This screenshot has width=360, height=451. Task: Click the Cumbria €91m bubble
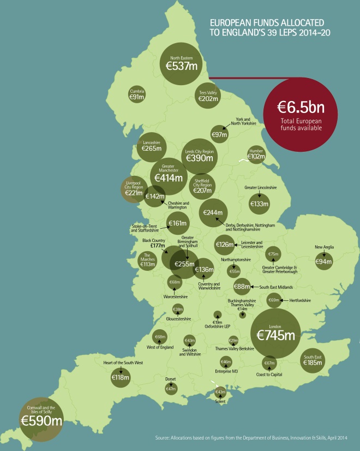(x=137, y=94)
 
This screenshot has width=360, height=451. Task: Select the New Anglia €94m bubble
(x=324, y=261)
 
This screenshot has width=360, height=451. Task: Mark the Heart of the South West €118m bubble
(x=120, y=377)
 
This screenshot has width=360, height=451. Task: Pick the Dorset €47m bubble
(x=171, y=388)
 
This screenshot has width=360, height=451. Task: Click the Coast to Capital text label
(x=269, y=375)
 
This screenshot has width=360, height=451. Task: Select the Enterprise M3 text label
(x=227, y=371)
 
